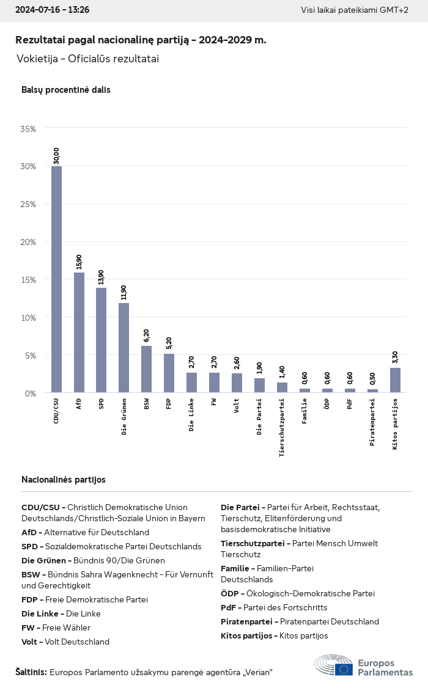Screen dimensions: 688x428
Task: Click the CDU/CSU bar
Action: (56, 279)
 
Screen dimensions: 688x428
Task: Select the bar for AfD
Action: (79, 332)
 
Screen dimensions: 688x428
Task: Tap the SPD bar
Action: (101, 340)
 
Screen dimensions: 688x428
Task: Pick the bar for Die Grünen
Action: (124, 348)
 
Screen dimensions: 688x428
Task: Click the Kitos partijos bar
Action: (395, 380)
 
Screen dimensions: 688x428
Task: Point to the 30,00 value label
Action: (56, 156)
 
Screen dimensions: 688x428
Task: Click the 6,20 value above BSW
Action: (147, 335)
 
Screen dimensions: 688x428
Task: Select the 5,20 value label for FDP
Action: (169, 343)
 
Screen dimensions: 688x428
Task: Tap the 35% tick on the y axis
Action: (28, 129)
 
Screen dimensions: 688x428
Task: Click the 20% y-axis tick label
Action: (28, 242)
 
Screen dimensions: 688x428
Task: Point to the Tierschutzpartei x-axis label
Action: (282, 427)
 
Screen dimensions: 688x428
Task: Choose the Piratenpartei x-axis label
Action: (372, 422)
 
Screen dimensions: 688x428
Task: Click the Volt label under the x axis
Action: (237, 406)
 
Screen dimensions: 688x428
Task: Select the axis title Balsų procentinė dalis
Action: (65, 90)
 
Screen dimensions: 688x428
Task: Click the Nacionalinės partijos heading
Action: (63, 480)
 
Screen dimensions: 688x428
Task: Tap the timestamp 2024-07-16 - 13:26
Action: (52, 10)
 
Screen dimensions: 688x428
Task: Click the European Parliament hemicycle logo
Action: (333, 665)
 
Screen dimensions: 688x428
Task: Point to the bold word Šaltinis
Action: (31, 672)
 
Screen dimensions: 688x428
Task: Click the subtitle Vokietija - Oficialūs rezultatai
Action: (87, 59)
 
